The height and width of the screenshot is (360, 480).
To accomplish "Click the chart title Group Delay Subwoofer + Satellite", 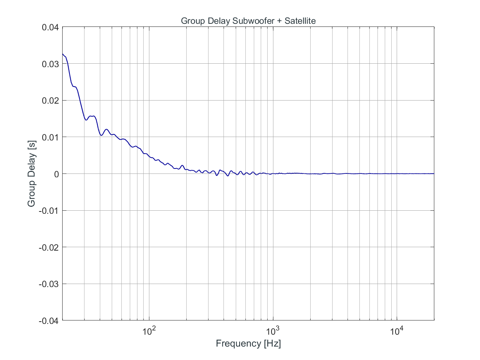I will pyautogui.click(x=248, y=21).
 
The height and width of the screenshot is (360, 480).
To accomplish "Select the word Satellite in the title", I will pyautogui.click(x=300, y=21).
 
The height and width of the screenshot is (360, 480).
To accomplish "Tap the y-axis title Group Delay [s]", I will pyautogui.click(x=31, y=174).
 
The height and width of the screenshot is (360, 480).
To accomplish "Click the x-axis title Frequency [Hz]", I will pyautogui.click(x=248, y=343).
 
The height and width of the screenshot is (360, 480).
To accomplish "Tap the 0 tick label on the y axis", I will pyautogui.click(x=56, y=174).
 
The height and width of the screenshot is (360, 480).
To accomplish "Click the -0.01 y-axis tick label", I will pyautogui.click(x=48, y=210).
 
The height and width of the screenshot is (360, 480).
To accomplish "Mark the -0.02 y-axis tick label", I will pyautogui.click(x=48, y=247).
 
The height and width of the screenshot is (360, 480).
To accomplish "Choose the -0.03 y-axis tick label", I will pyautogui.click(x=48, y=284).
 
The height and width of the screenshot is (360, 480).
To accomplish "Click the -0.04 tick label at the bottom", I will pyautogui.click(x=48, y=320).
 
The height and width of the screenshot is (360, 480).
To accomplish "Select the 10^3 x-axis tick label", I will pyautogui.click(x=273, y=331).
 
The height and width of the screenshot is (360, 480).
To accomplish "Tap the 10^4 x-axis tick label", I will pyautogui.click(x=397, y=331).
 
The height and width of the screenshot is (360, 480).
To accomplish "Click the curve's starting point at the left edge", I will pyautogui.click(x=63, y=54).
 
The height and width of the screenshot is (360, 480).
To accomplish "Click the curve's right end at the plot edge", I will pyautogui.click(x=434, y=173).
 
